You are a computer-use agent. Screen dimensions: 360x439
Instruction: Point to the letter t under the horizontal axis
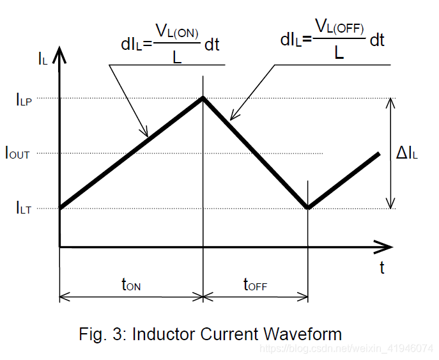click(x=382, y=267)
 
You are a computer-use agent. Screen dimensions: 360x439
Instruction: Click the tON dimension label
click(x=130, y=285)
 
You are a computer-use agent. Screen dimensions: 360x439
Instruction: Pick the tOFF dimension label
click(x=256, y=285)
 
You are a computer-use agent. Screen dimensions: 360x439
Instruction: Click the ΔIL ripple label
click(x=407, y=153)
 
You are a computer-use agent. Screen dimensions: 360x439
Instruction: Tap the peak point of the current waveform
click(x=203, y=97)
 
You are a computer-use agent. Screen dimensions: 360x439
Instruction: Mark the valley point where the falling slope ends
click(x=309, y=208)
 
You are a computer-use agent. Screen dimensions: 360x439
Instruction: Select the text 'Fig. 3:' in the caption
click(x=103, y=334)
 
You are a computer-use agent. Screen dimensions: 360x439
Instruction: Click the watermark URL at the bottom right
click(x=348, y=348)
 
